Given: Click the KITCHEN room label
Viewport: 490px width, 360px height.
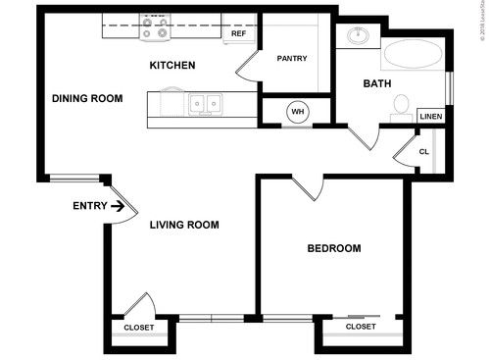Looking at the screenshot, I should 171,66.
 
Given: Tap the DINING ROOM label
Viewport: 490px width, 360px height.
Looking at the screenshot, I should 86,98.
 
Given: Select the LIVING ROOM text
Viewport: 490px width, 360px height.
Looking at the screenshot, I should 183,225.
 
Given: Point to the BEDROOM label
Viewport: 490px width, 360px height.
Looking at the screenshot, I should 333,248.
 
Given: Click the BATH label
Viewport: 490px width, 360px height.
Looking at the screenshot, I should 377,84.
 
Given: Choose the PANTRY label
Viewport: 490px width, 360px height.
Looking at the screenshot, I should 291,58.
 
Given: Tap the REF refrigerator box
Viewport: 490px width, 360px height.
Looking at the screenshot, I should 238,33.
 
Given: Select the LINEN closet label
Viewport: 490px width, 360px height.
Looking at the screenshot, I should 431,117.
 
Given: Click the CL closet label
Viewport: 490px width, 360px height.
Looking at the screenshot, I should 423,152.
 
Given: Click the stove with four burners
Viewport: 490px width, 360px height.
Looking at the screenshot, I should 154,26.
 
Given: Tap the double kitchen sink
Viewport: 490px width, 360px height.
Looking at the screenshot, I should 206,102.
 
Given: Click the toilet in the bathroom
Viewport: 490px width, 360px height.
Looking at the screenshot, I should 400,104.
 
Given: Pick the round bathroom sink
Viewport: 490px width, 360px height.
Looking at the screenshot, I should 357,38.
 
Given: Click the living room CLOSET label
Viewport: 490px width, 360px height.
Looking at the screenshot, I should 138,327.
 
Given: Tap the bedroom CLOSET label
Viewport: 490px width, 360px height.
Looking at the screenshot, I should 361,326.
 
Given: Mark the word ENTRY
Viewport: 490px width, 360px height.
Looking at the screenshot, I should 89,206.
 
